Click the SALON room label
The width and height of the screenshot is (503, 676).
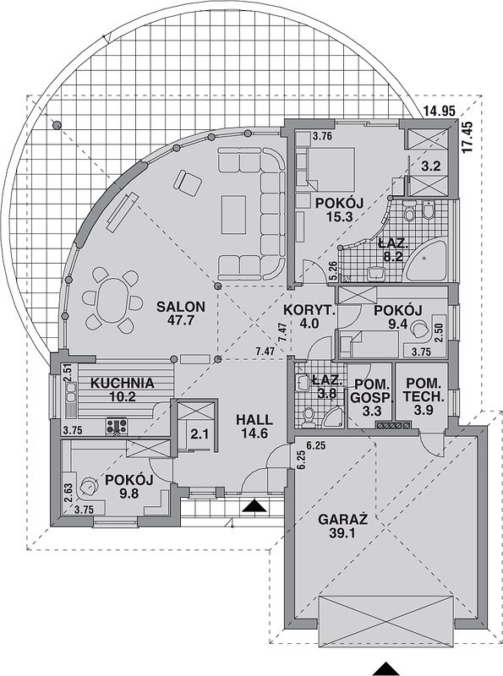click(180, 307)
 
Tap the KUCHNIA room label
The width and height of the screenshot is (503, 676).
click(122, 383)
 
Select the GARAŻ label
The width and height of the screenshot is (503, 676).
click(343, 519)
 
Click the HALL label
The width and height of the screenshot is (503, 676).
click(254, 419)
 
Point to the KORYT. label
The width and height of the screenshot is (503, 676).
click(309, 309)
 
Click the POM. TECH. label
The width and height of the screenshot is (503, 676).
click(424, 390)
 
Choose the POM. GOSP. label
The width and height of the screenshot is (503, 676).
click(372, 390)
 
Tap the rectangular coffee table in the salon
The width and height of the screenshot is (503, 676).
click(234, 215)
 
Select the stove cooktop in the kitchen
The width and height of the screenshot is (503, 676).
click(117, 426)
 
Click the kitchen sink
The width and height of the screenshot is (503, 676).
click(71, 393)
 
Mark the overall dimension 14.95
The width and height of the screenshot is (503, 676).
click(439, 112)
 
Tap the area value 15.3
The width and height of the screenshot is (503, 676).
click(340, 216)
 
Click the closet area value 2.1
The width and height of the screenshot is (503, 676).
click(200, 434)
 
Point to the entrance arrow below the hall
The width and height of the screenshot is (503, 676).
click(254, 505)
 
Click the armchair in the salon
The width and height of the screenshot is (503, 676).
click(187, 182)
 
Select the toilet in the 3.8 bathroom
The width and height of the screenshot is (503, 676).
click(308, 417)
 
